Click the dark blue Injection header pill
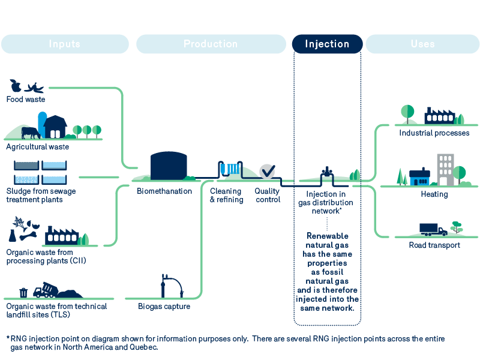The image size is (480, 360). [x=327, y=44]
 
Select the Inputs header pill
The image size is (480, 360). [x=65, y=44]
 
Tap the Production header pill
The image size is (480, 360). [x=211, y=44]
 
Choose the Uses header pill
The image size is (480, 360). [x=422, y=44]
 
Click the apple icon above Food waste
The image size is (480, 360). [x=16, y=86]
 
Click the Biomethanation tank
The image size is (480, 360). [x=169, y=166]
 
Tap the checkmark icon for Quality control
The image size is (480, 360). [x=267, y=171]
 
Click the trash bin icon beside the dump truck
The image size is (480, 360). [x=23, y=292]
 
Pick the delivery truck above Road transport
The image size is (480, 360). [x=433, y=229]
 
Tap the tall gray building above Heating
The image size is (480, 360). [x=445, y=169]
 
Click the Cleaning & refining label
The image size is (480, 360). [x=226, y=196]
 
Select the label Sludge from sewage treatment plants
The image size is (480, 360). [x=41, y=196]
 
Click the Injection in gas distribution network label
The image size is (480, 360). [x=326, y=202]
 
